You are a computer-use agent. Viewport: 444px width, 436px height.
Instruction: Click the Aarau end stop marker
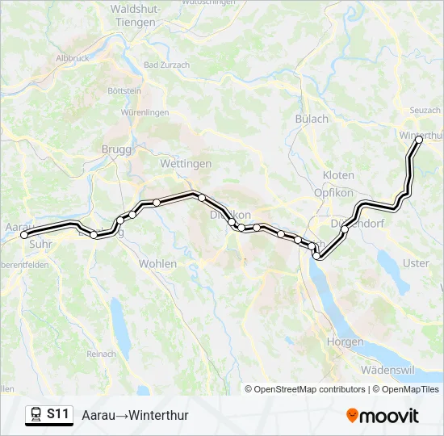[x=24, y=235]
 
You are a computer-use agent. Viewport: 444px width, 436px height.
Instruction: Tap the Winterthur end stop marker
[x=419, y=140]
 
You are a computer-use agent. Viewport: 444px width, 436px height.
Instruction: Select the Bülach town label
[x=312, y=119]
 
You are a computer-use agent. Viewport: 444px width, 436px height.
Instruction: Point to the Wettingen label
[x=186, y=163]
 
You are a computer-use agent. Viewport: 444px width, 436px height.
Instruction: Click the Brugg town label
[x=116, y=149]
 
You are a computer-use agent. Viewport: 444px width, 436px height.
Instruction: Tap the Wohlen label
[x=157, y=264]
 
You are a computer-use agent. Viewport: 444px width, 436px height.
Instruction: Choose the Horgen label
[x=345, y=342]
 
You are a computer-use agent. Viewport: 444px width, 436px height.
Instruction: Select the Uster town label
[x=416, y=263]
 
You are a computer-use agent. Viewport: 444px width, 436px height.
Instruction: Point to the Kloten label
[x=338, y=175]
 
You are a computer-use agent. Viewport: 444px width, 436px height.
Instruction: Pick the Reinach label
[x=102, y=354]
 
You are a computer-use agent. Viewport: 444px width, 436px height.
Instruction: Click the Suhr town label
[x=40, y=242]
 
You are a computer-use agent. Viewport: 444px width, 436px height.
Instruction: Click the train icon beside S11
[x=36, y=414]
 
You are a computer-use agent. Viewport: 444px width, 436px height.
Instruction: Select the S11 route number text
[x=58, y=414]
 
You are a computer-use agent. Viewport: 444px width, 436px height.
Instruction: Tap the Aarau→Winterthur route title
[x=135, y=415]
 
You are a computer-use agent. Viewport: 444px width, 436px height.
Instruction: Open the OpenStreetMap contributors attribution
[x=309, y=389]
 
